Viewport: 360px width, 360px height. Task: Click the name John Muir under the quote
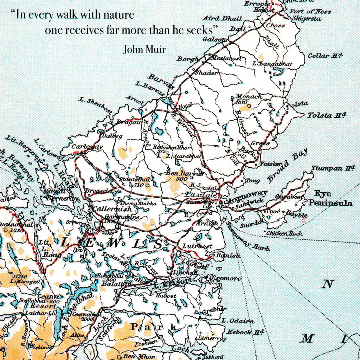[144, 50]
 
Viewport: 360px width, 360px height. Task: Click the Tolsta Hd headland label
[327, 115]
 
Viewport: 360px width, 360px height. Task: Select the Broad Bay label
[287, 166]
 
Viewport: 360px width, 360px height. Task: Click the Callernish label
[112, 208]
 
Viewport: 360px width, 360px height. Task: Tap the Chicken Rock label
[284, 233]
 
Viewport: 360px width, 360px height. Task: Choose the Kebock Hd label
[245, 332]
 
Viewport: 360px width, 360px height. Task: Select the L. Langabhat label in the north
[272, 64]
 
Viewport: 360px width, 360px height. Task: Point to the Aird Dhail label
[222, 18]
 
